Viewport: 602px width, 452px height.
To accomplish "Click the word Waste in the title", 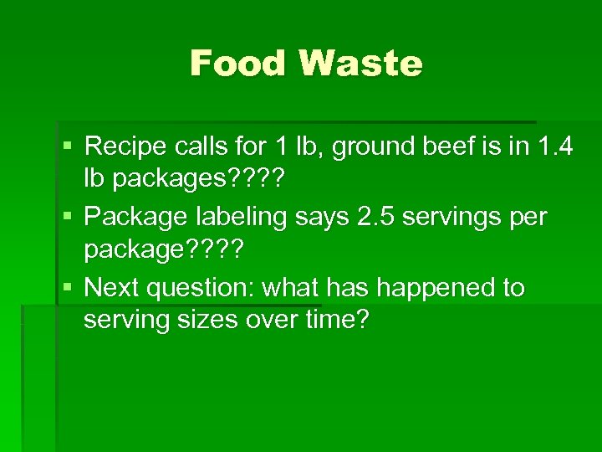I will (360, 64).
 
